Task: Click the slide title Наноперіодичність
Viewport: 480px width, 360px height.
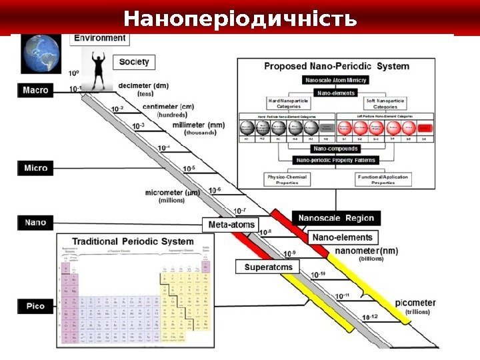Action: click(240, 19)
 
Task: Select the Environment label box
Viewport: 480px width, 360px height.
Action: click(99, 39)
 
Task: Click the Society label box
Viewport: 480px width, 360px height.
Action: click(134, 62)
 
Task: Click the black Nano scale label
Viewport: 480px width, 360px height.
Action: click(35, 221)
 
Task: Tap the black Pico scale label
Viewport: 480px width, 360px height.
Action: click(35, 306)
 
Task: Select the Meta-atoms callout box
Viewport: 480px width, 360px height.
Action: click(231, 225)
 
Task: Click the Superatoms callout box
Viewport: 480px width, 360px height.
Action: click(269, 267)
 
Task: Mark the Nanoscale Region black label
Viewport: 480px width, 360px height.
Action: click(337, 218)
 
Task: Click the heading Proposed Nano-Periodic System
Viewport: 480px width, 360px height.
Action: click(337, 67)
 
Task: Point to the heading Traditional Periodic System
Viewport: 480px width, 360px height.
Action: click(133, 241)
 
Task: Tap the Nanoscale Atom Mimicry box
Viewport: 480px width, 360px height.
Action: click(336, 80)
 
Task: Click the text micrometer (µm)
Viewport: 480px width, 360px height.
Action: click(173, 193)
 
